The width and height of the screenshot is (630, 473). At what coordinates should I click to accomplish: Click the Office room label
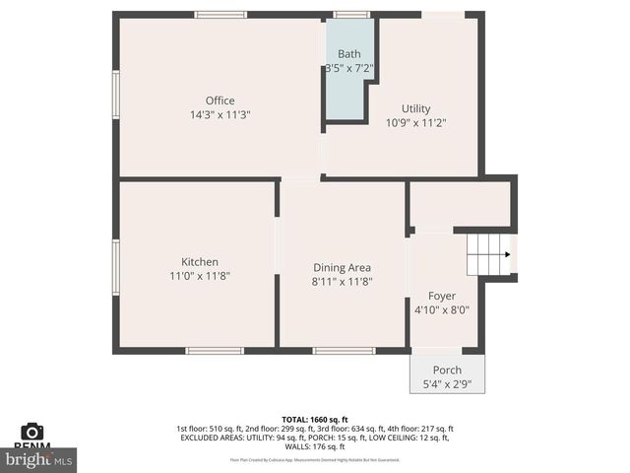[220, 101]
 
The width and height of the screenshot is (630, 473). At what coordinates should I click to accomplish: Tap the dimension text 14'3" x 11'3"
[220, 115]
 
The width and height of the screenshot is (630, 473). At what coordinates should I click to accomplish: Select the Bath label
[349, 54]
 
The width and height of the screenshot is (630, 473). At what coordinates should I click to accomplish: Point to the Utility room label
[415, 108]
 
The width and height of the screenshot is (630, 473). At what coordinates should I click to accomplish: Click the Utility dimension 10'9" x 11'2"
[415, 123]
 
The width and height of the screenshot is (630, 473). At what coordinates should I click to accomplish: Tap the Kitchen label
[200, 261]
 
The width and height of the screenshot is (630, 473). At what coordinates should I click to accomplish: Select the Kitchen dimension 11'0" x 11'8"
[200, 276]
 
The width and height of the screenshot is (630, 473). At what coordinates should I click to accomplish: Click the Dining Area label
[342, 267]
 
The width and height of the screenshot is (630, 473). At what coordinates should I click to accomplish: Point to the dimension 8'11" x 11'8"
[342, 282]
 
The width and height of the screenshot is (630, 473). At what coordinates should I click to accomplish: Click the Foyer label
[441, 296]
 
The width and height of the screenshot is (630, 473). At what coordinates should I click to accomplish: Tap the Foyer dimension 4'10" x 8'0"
[441, 309]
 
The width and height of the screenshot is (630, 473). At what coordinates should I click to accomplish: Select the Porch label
[447, 371]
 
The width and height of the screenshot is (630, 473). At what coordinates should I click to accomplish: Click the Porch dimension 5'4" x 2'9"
[447, 384]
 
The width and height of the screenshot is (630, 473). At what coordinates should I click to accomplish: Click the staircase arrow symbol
[506, 254]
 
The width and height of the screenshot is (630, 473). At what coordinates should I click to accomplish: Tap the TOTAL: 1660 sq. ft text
[314, 419]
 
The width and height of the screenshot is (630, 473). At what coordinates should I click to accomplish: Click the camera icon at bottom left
[32, 432]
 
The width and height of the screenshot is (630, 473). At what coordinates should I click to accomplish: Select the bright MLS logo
[39, 459]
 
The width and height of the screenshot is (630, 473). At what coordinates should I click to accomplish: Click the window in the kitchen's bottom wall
[215, 350]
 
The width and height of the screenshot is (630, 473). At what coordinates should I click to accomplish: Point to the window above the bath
[351, 15]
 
